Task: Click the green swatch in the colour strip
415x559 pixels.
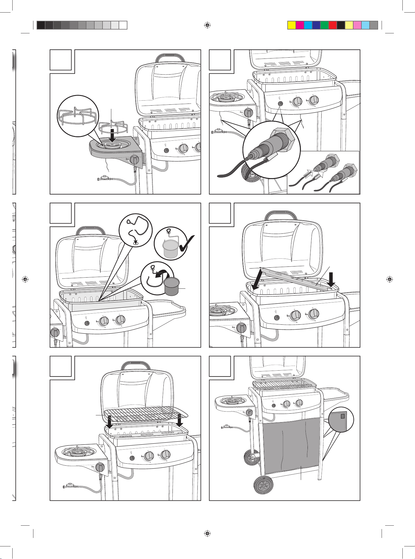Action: coord(324,25)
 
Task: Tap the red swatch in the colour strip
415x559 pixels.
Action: coord(332,25)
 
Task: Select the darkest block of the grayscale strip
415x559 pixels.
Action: coord(41,25)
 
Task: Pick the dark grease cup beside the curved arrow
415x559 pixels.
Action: coord(172,287)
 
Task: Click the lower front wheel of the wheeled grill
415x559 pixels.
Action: coord(264,486)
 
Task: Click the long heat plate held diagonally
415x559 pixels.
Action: coord(296,275)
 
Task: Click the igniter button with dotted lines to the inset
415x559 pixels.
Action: coord(280,104)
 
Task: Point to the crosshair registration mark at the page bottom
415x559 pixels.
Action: coord(207,533)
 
